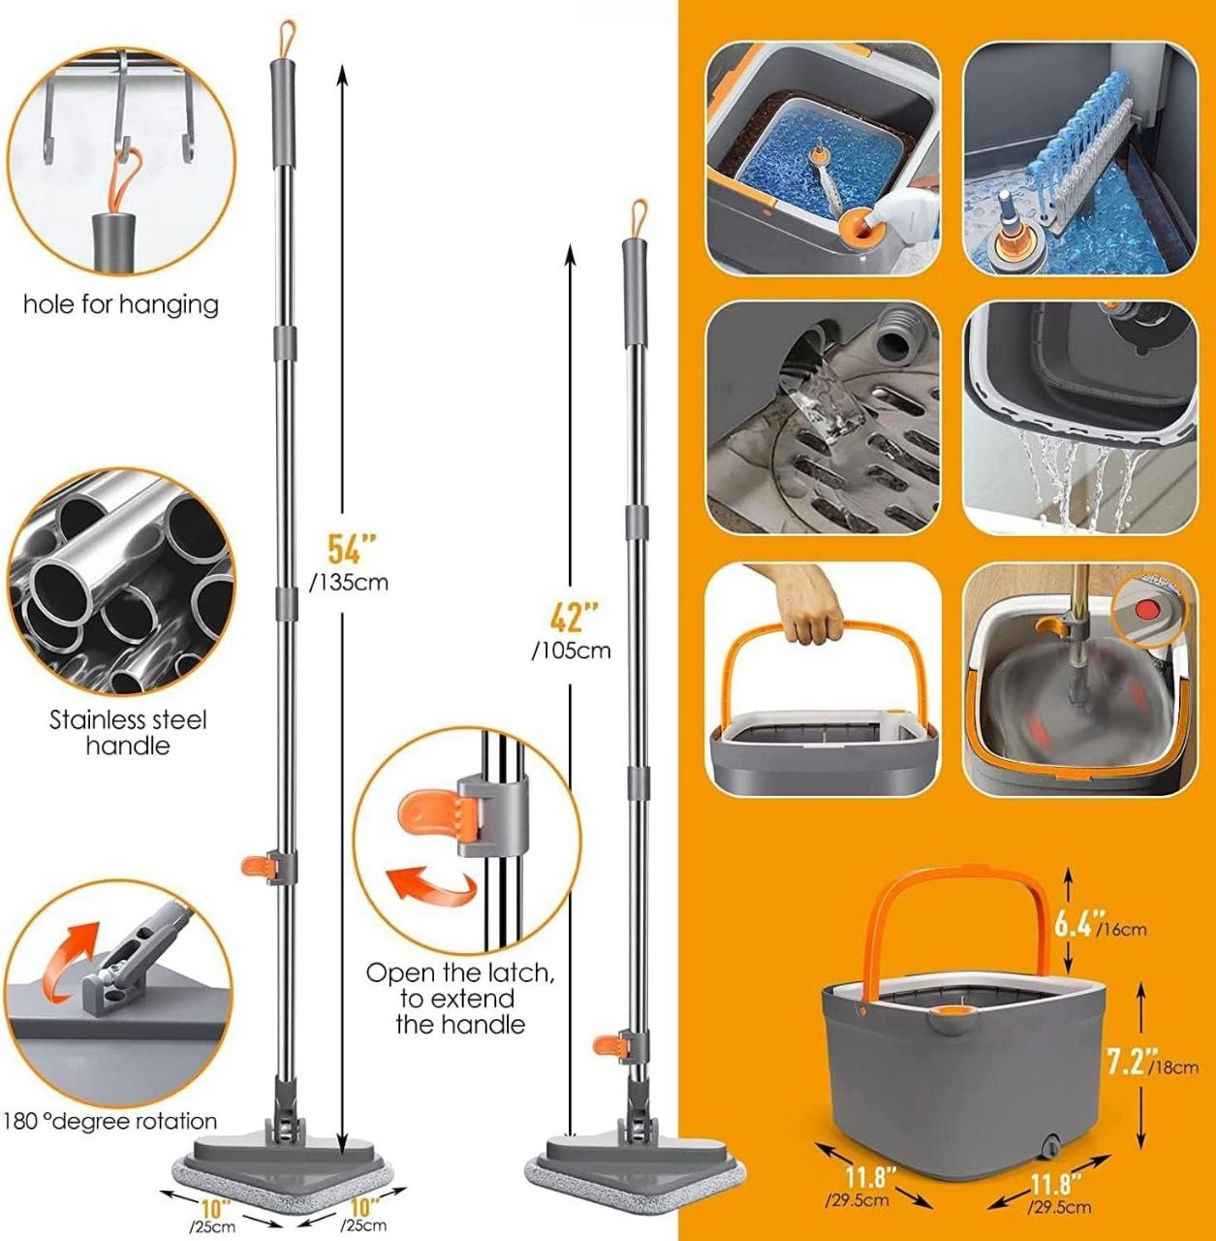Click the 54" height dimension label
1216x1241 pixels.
(x=352, y=549)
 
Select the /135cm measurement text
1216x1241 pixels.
(x=348, y=583)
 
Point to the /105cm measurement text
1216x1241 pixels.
(x=571, y=652)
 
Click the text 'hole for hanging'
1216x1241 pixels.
(x=121, y=304)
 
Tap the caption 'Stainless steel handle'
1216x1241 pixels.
(x=128, y=733)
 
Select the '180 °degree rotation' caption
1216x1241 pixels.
(x=110, y=1122)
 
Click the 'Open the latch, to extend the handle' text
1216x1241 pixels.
(x=459, y=999)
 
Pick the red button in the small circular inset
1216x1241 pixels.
(x=1146, y=609)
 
